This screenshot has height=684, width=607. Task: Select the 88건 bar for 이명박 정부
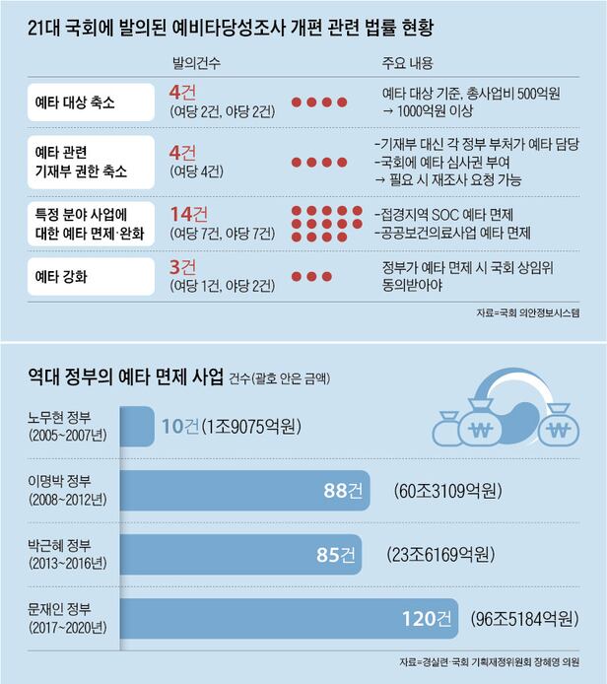[x=246, y=491]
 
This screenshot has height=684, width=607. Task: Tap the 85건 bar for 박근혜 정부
[x=241, y=555]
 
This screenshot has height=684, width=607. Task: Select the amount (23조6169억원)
[x=438, y=555]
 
